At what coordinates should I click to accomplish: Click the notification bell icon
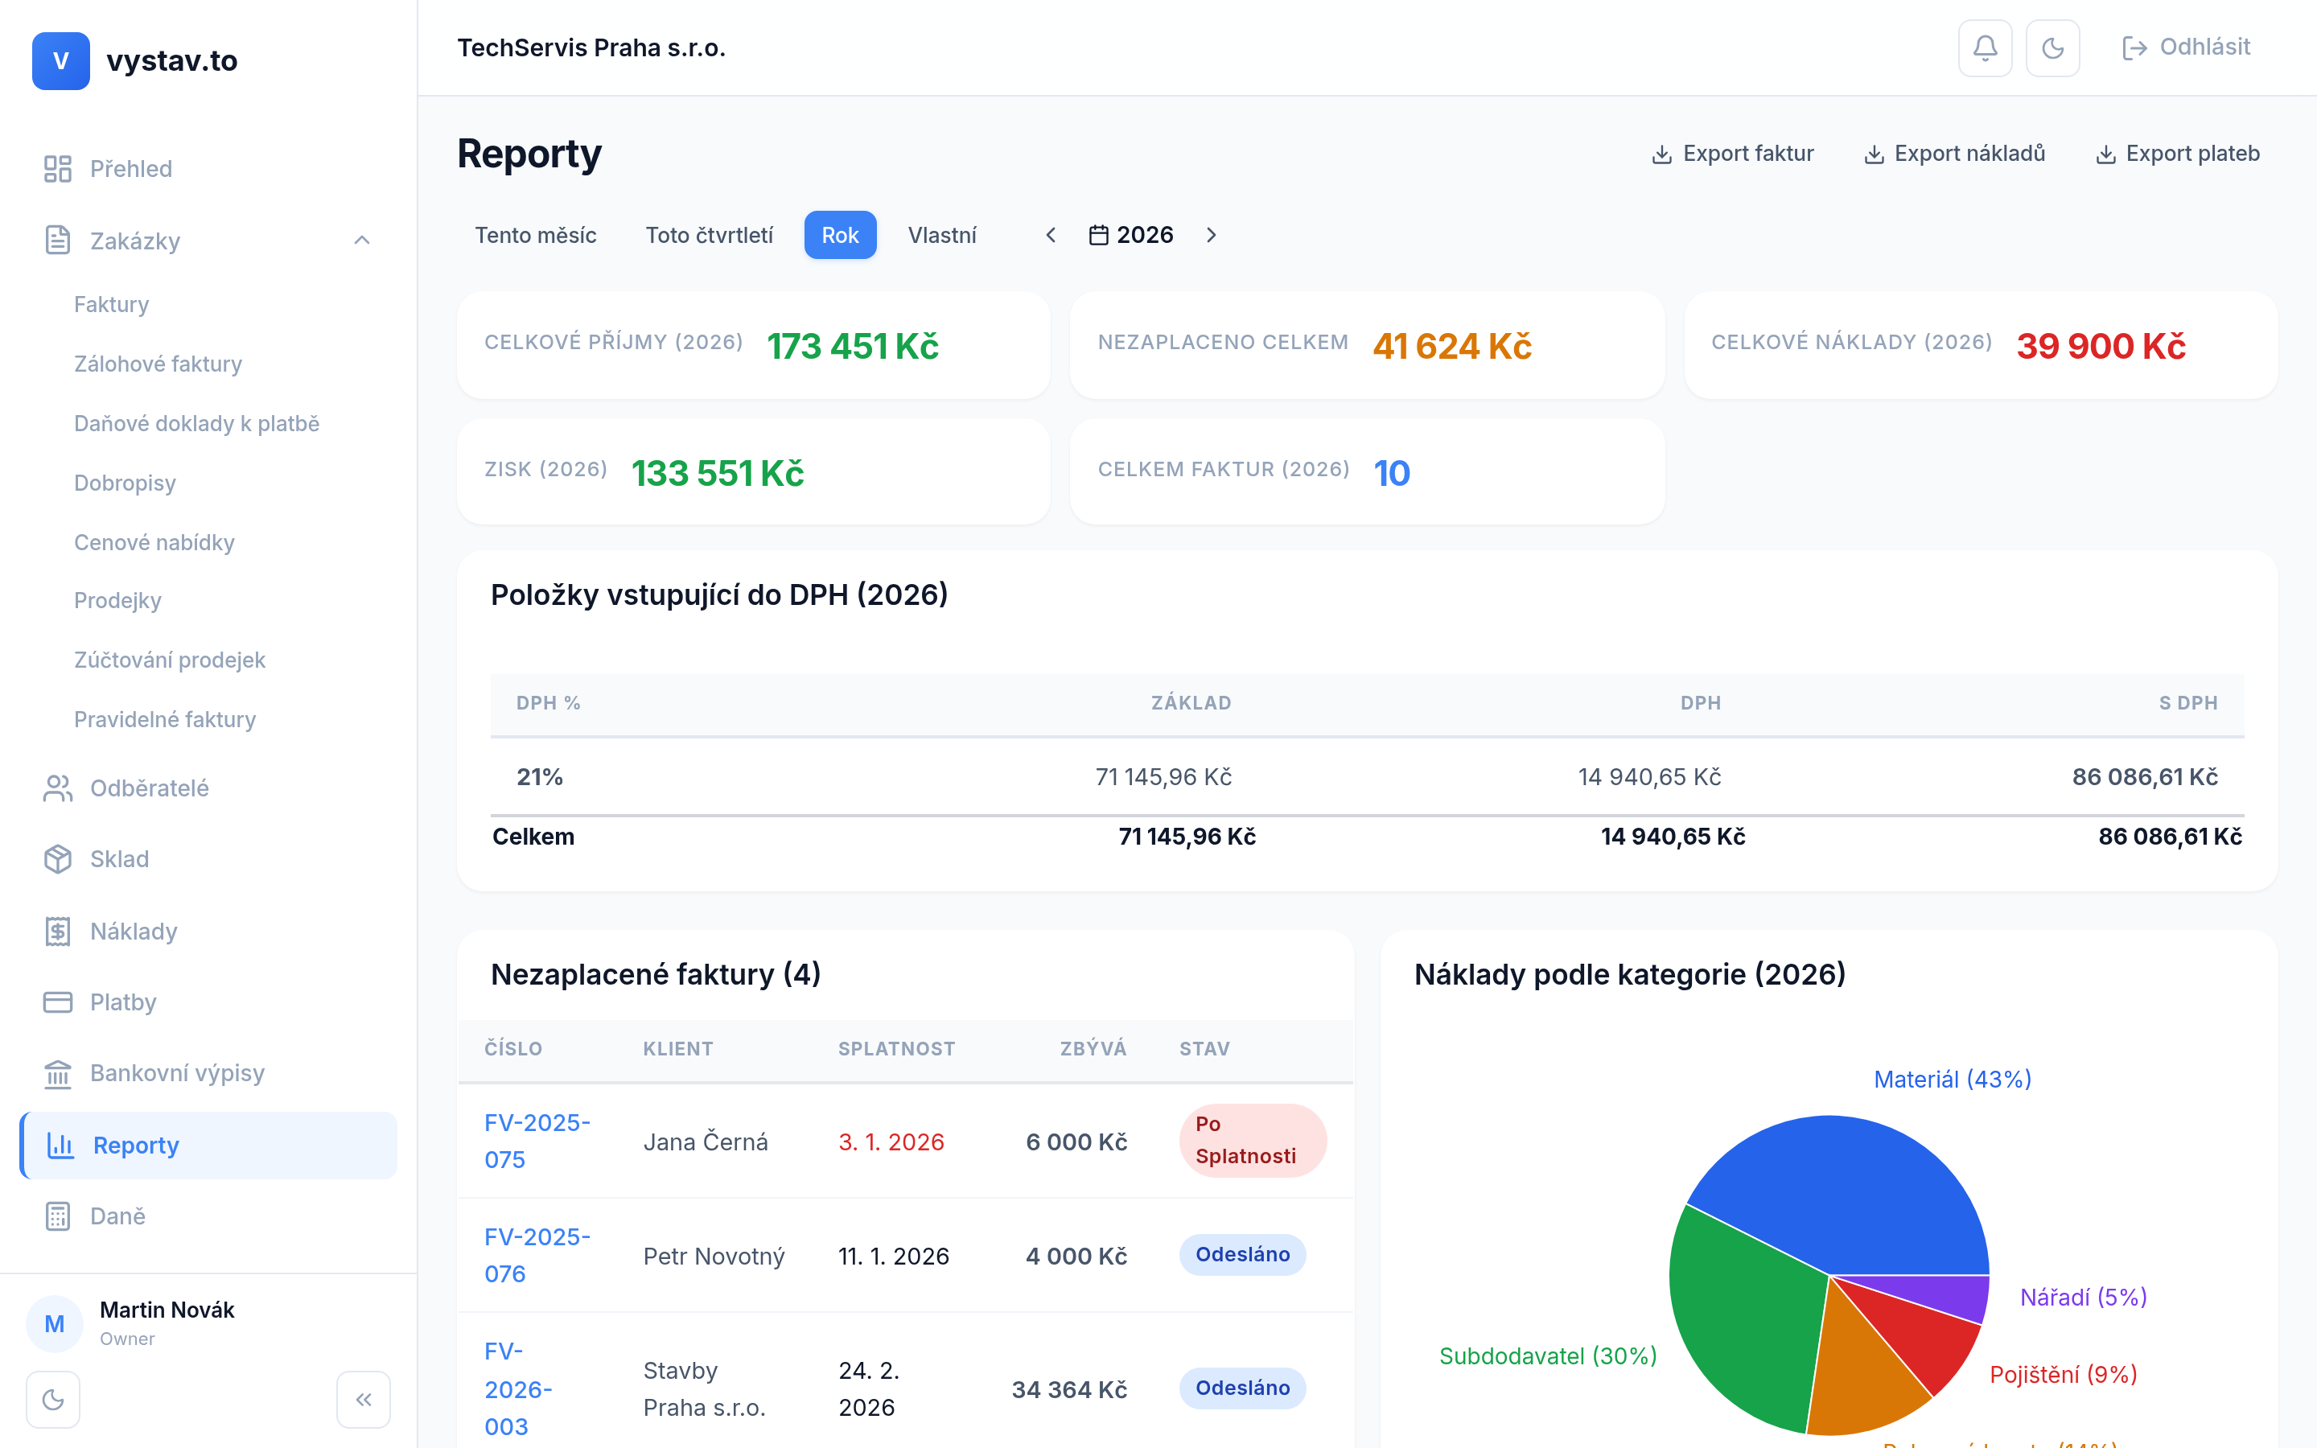(x=1985, y=48)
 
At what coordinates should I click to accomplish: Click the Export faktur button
(x=1733, y=154)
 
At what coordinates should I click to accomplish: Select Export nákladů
(x=1954, y=154)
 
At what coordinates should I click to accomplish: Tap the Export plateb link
(x=2177, y=154)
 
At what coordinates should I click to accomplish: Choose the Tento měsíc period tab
(x=535, y=236)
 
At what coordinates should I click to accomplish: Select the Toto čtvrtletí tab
(x=709, y=236)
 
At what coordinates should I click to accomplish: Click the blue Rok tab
(x=840, y=236)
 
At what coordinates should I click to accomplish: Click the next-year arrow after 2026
(x=1211, y=236)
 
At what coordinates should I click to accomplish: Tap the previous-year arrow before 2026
(x=1051, y=236)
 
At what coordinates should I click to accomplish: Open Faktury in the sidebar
(x=112, y=305)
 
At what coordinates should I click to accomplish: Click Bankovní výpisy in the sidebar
(x=177, y=1074)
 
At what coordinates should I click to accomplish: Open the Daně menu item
(x=117, y=1216)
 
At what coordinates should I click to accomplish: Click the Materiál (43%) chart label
(x=1953, y=1080)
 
